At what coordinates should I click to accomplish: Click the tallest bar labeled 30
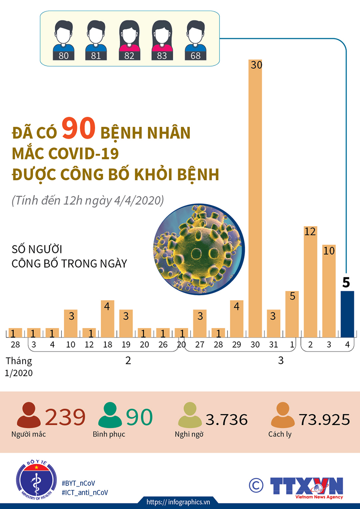255,198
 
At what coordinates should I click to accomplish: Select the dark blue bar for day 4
347,314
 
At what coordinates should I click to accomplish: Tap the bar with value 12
310,283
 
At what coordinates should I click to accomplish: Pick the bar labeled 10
329,292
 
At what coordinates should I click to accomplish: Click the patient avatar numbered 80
64,40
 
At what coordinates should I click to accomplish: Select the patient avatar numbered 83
162,40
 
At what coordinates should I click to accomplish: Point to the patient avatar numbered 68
195,40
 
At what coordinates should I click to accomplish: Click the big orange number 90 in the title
78,129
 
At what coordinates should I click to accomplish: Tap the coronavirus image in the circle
199,249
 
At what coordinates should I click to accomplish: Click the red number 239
65,417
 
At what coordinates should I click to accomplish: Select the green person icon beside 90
110,415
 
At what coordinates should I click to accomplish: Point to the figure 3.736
227,420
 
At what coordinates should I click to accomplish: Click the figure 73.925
324,420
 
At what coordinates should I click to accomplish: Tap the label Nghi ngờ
189,434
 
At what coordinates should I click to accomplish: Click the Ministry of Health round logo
36,480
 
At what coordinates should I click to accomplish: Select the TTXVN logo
307,487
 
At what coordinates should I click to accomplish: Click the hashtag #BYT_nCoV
78,483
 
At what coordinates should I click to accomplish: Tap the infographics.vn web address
178,502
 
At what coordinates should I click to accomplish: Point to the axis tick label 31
273,344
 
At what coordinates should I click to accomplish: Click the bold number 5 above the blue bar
346,282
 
